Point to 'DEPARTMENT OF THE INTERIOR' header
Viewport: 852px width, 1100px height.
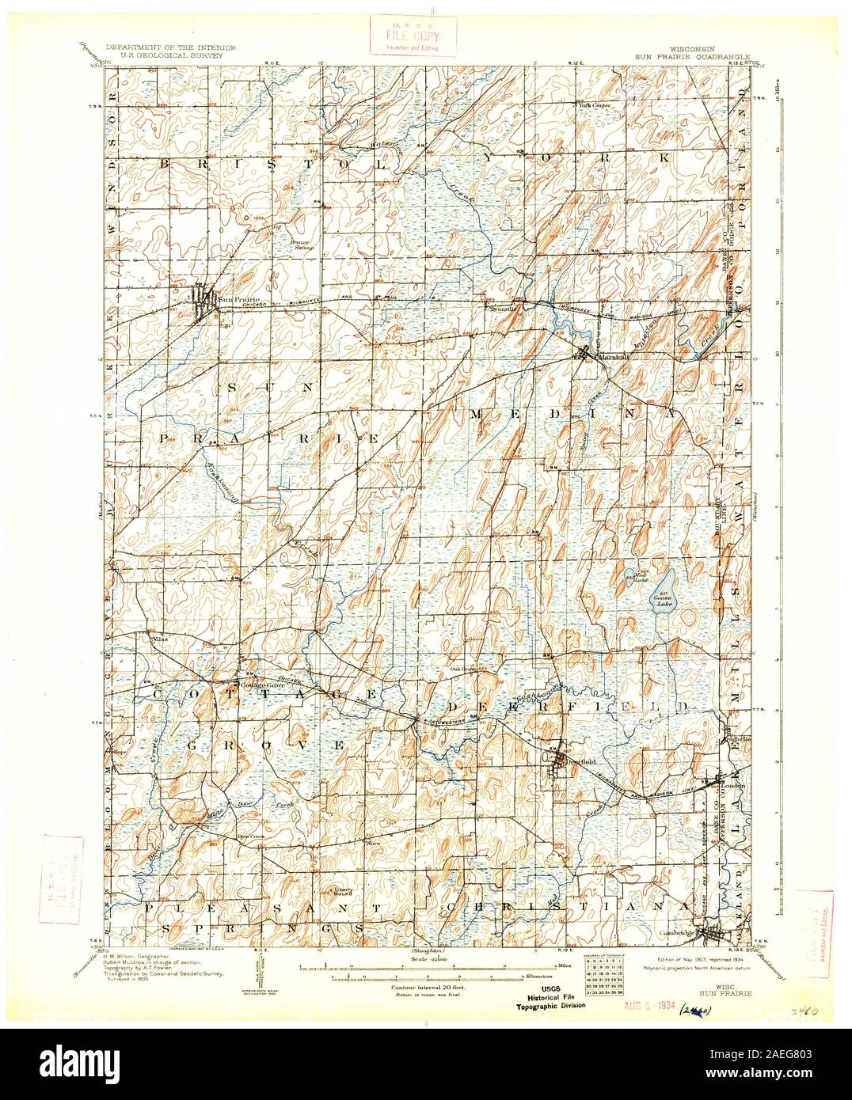(x=174, y=49)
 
